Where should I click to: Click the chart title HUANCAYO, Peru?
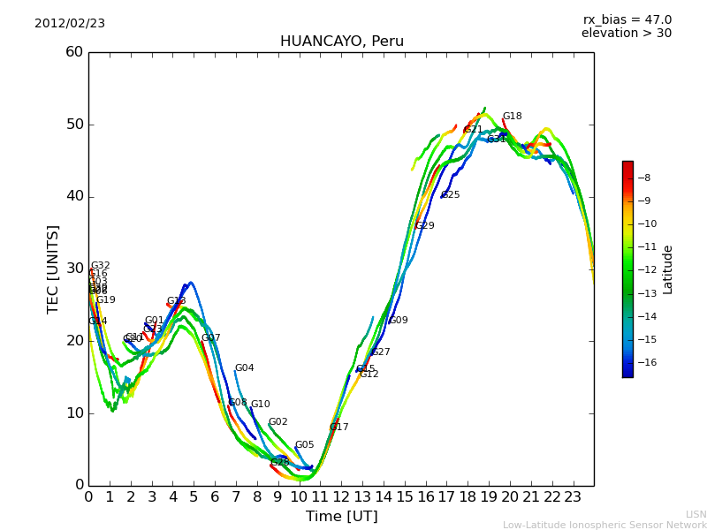coord(341,42)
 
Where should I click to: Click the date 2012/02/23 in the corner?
coord(70,23)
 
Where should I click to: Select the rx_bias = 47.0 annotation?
coord(627,19)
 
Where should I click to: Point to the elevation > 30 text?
coord(626,34)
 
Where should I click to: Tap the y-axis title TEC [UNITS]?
coord(53,269)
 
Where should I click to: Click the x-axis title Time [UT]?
coord(341,516)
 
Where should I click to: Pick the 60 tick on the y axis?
coord(74,52)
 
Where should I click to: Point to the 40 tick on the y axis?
coord(74,196)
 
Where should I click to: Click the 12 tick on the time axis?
coord(341,497)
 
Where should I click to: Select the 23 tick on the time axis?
coord(573,497)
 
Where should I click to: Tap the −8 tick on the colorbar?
coord(644,178)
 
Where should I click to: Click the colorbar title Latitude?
coord(668,269)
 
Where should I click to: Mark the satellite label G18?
coord(512,117)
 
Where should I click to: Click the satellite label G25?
coord(451,195)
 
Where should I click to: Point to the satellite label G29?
coord(425,226)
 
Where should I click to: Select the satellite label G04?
coord(244,368)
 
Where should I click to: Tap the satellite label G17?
coord(339,428)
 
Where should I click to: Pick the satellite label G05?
coord(304,445)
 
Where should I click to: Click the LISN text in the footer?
coord(696,514)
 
